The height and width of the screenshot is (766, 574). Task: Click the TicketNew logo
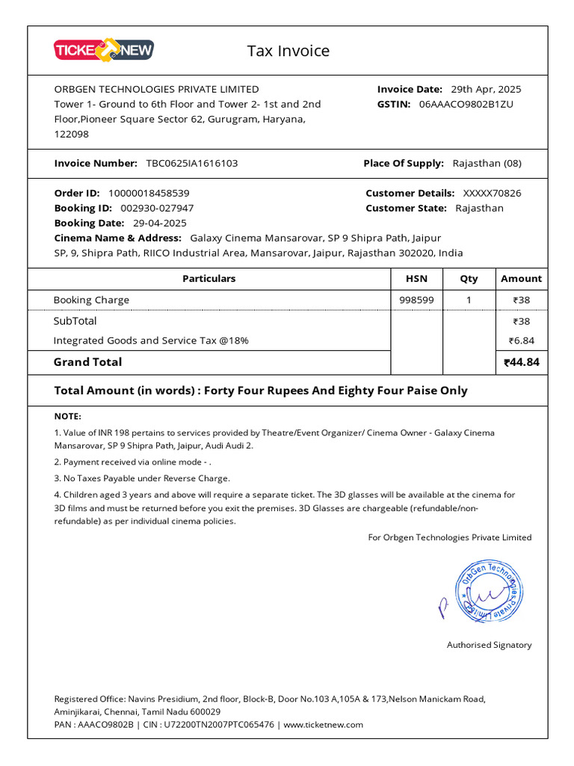tap(104, 50)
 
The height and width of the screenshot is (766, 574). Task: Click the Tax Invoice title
tap(288, 51)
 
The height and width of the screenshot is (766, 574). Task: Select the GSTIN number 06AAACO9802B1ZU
tap(466, 104)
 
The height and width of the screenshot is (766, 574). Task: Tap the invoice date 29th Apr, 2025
tap(486, 89)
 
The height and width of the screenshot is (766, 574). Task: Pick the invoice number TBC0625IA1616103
tap(192, 163)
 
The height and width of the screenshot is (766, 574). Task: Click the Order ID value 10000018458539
tap(149, 193)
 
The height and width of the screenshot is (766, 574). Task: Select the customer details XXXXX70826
tap(492, 193)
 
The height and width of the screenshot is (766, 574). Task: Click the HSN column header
tap(416, 278)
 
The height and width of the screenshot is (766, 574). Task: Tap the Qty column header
tap(469, 278)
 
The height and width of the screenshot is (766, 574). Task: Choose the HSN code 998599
tap(416, 300)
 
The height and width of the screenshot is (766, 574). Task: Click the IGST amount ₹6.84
tap(521, 340)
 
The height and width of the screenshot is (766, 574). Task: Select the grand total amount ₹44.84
tap(521, 363)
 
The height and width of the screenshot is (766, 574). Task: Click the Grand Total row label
tap(87, 362)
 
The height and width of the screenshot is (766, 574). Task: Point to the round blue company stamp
tap(490, 591)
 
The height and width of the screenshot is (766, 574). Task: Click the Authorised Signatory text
tap(489, 645)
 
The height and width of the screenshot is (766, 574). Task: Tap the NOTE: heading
tap(68, 416)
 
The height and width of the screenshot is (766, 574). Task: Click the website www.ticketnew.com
tap(324, 724)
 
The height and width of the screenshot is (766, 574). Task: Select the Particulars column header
tap(209, 278)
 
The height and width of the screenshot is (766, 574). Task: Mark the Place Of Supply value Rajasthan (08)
tap(487, 163)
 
